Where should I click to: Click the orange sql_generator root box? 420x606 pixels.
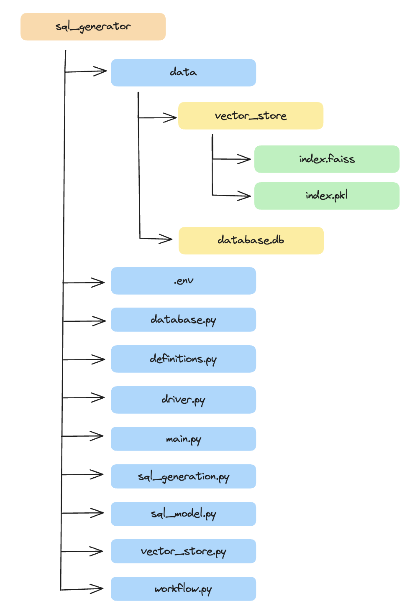click(x=93, y=27)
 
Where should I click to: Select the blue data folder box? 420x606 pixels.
click(x=183, y=73)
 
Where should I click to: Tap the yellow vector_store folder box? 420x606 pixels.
click(x=251, y=116)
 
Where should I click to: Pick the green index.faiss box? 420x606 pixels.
click(x=327, y=159)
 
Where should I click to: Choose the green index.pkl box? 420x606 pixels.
click(x=327, y=196)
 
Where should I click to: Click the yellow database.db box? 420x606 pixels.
click(x=251, y=240)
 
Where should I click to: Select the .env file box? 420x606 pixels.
click(x=183, y=281)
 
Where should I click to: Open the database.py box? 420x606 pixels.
click(x=183, y=320)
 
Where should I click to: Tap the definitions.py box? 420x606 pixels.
click(x=183, y=359)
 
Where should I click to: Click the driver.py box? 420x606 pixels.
click(x=183, y=400)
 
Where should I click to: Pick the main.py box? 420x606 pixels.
click(x=183, y=439)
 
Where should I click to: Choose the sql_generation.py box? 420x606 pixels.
click(x=183, y=476)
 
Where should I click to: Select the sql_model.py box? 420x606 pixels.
click(x=183, y=514)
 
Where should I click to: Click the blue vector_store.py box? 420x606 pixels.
click(x=183, y=551)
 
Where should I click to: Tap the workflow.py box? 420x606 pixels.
click(x=183, y=589)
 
